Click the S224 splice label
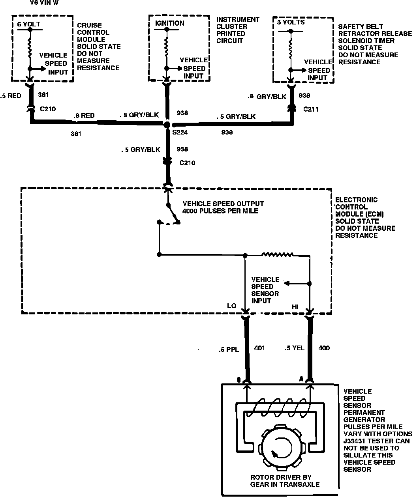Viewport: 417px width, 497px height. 180,133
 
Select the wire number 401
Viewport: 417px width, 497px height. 259,348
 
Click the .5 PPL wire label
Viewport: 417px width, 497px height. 228,349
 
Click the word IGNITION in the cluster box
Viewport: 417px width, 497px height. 169,23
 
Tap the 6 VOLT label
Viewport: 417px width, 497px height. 29,24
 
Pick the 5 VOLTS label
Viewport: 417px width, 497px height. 291,22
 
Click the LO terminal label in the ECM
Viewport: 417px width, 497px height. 231,306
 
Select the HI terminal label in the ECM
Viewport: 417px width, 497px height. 295,306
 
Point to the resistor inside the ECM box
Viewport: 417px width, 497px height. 278,254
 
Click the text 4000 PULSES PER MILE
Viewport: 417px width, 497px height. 220,211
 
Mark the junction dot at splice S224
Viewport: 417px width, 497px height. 167,125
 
